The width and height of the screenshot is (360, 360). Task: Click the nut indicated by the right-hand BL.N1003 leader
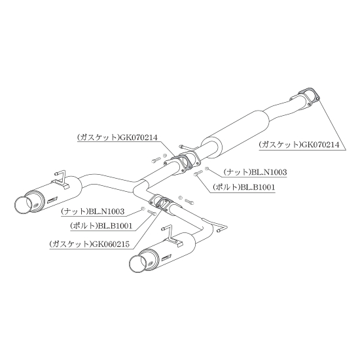click(206, 169)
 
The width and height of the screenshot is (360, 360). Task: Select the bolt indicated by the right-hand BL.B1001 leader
click(198, 173)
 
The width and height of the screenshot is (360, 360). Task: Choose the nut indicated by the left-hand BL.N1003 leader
click(143, 208)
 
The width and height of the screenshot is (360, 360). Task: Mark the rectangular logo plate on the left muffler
click(54, 200)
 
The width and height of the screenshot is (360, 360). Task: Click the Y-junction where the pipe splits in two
click(141, 187)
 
